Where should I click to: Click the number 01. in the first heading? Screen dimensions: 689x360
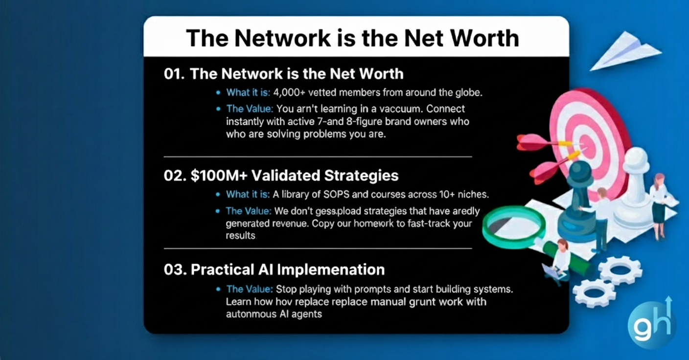tap(174, 74)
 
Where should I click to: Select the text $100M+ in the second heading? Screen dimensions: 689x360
tap(219, 175)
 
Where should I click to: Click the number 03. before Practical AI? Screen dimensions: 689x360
tap(175, 270)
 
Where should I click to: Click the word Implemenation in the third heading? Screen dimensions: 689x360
tap(331, 270)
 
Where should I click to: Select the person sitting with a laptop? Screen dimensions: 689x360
tap(557, 262)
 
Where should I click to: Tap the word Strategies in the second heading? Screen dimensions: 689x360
tap(361, 176)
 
